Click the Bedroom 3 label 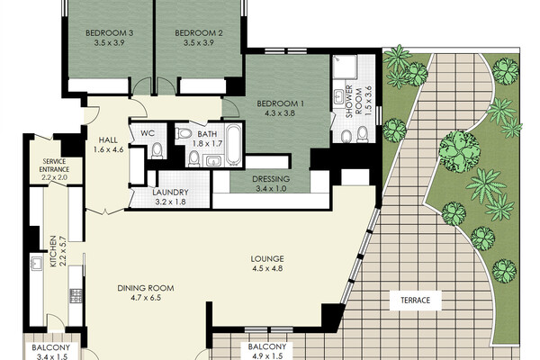pyautogui.click(x=109, y=33)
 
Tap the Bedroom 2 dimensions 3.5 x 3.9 pyautogui.click(x=198, y=43)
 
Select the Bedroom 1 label pyautogui.click(x=280, y=103)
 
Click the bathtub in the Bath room pyautogui.click(x=233, y=145)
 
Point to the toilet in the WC pyautogui.click(x=157, y=150)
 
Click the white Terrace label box pyautogui.click(x=415, y=301)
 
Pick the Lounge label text pyautogui.click(x=267, y=258)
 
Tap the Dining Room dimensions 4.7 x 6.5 pyautogui.click(x=146, y=298)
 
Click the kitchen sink pyautogui.click(x=36, y=263)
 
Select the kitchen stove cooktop pyautogui.click(x=76, y=296)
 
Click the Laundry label pyautogui.click(x=170, y=193)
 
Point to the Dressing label pyautogui.click(x=271, y=179)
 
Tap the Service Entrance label pyautogui.click(x=54, y=166)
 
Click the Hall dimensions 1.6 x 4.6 pyautogui.click(x=108, y=150)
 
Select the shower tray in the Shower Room pyautogui.click(x=344, y=67)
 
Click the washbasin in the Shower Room pyautogui.click(x=338, y=95)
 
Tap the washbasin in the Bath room pyautogui.click(x=212, y=160)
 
